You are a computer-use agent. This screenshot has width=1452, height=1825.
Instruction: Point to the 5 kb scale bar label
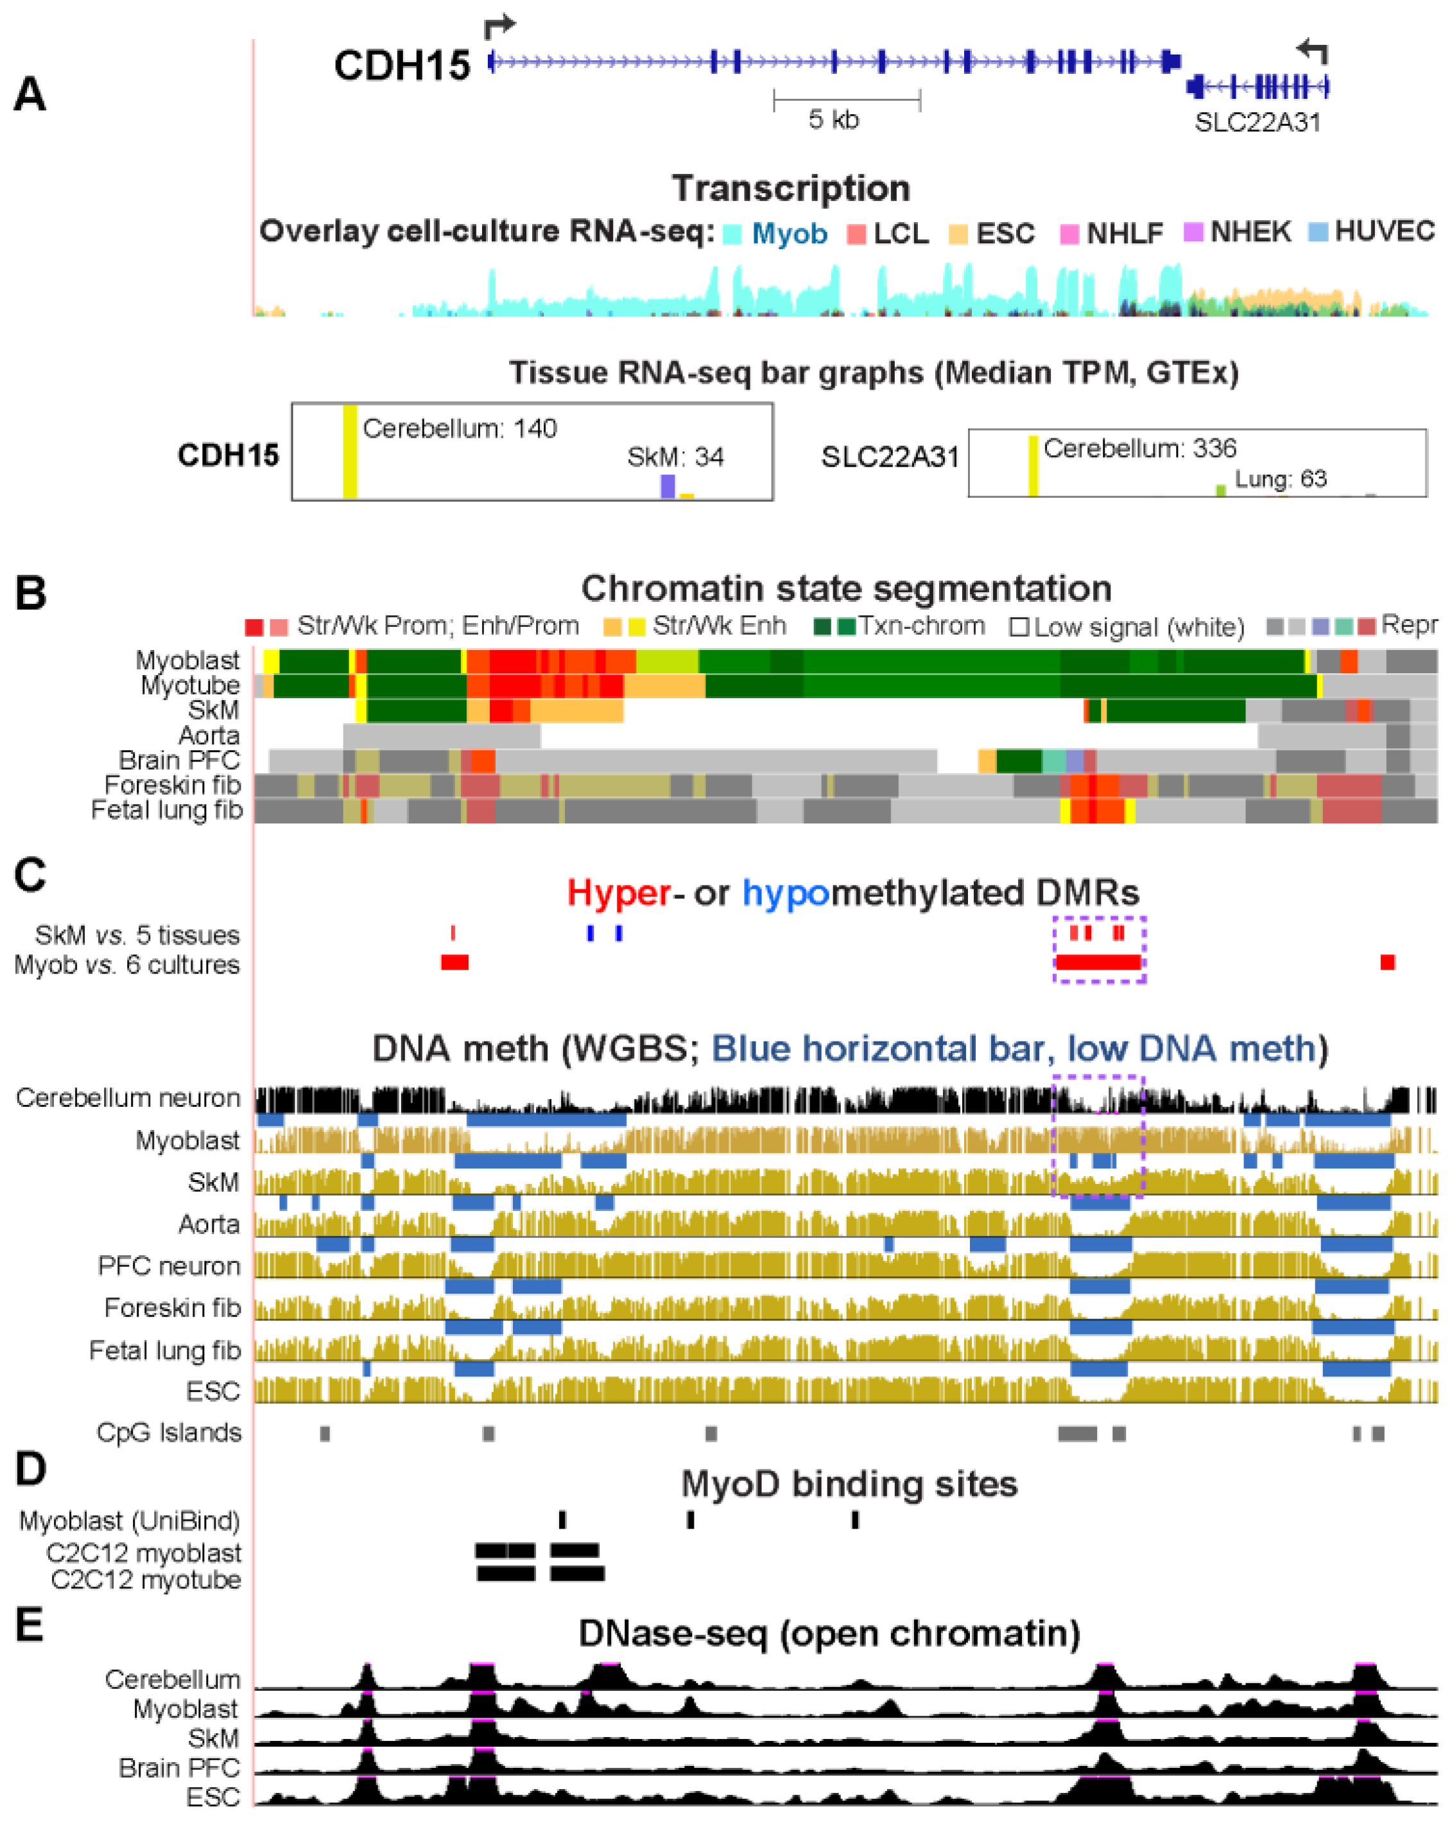pos(833,119)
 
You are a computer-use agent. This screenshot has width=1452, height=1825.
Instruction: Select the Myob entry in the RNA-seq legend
pos(788,234)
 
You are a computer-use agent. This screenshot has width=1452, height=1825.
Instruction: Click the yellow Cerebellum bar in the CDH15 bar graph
pos(350,451)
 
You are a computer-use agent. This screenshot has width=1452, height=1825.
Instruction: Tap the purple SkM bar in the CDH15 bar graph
pos(667,486)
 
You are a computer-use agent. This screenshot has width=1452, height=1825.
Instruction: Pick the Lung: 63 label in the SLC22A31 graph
pos(1280,479)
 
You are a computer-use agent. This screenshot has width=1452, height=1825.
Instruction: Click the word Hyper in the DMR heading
pos(618,892)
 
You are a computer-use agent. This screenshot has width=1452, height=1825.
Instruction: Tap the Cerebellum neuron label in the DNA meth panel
pos(128,1098)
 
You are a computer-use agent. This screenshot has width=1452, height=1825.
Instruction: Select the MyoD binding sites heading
pos(849,1484)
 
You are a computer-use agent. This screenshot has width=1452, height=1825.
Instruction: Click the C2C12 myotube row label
pos(146,1579)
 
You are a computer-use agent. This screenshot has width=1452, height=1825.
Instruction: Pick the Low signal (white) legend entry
pos(1128,627)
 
